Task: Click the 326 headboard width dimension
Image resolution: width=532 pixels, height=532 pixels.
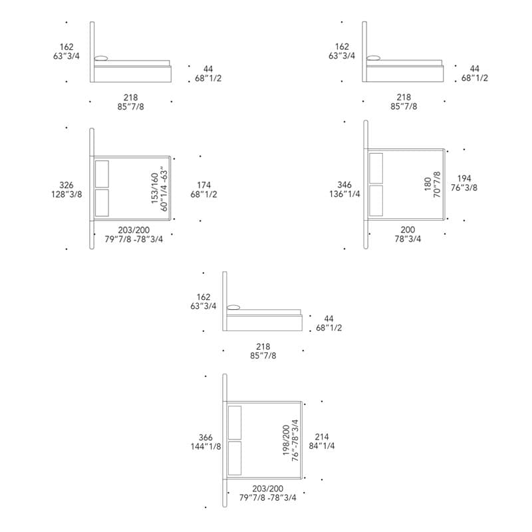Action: (66, 186)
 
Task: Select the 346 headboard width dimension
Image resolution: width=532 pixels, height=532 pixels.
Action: (344, 185)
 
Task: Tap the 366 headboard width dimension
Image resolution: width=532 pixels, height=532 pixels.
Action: (205, 438)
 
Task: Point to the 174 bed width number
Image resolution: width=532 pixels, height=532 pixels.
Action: (204, 186)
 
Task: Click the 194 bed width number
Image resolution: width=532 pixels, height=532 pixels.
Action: (464, 178)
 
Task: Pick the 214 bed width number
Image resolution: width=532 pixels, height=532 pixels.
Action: (322, 437)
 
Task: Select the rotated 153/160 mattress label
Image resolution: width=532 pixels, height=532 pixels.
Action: (155, 189)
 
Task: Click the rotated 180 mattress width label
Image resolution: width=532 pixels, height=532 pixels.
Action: (428, 184)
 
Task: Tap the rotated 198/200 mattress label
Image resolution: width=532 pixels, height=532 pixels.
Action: (287, 440)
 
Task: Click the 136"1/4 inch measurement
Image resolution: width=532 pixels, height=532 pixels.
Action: (344, 194)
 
